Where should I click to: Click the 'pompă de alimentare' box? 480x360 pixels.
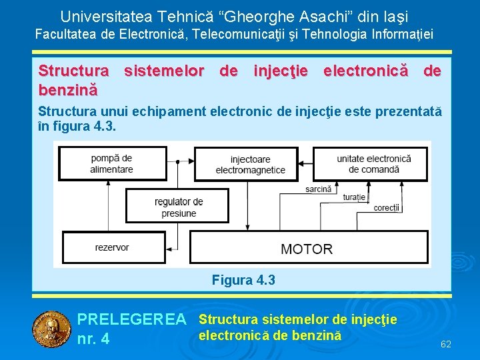112,163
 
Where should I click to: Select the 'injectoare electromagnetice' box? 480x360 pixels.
250,165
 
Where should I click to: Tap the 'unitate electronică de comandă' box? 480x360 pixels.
373,163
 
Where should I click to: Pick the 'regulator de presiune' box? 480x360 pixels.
178,207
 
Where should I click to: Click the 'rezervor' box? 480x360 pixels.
112,247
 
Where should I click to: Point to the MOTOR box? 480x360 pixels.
307,249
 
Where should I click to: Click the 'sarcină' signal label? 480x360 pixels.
319,189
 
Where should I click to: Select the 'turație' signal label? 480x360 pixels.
354,197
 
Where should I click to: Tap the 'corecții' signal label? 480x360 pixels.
387,208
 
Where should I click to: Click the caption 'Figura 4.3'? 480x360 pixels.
243,280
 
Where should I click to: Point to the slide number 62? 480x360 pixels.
446,344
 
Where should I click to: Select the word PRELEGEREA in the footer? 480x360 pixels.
132,321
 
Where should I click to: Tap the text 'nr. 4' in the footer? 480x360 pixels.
93,339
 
